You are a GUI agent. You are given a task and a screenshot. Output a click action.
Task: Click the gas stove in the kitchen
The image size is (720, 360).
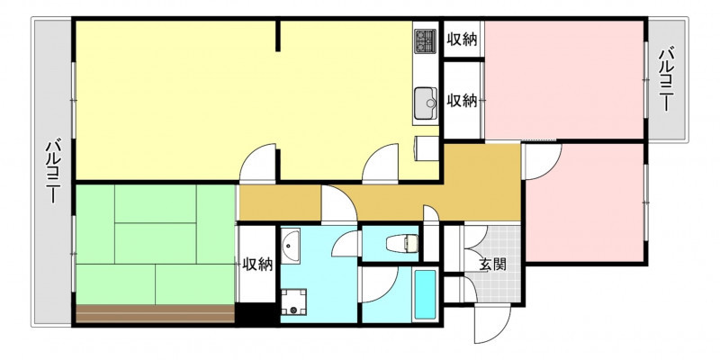(425, 40)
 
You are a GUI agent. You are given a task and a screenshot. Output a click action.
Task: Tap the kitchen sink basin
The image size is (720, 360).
(425, 103)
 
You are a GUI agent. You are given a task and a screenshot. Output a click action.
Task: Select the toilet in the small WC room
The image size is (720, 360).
(402, 243)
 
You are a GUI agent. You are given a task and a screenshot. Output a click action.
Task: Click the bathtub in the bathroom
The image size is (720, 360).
(425, 294)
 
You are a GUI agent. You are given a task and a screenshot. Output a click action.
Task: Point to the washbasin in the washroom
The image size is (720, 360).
(290, 246)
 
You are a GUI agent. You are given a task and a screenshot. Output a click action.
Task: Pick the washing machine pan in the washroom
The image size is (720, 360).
(294, 301)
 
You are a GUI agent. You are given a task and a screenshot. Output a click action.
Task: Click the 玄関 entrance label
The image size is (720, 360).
(492, 265)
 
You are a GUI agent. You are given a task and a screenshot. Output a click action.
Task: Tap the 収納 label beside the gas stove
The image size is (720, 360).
(463, 40)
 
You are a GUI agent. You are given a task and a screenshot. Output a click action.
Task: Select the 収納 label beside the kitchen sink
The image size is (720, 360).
(463, 101)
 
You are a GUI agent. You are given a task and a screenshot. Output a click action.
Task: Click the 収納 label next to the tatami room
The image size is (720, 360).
(257, 264)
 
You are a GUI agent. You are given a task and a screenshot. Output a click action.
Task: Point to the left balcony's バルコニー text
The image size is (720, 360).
(52, 171)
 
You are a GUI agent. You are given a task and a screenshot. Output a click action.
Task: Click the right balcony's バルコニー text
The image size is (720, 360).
(666, 80)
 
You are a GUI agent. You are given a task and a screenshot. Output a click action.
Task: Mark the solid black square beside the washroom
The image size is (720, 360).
(257, 314)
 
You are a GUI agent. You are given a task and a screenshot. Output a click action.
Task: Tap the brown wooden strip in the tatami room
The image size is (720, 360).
(155, 313)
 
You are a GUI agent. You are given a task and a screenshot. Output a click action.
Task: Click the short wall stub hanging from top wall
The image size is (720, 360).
(278, 36)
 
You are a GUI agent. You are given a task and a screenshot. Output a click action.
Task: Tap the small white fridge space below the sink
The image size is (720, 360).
(427, 148)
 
